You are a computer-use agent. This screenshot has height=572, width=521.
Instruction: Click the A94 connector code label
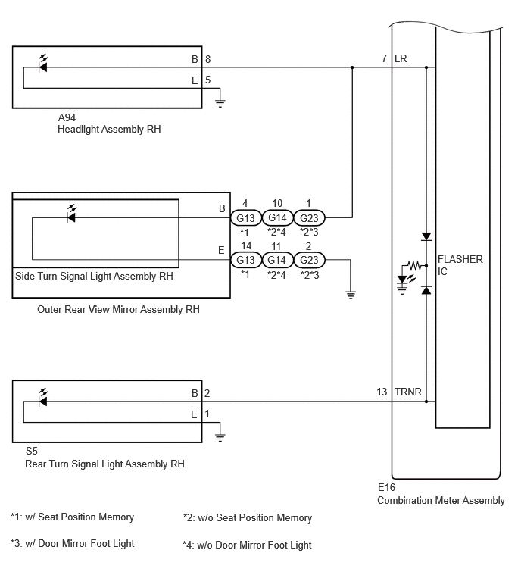[67, 117]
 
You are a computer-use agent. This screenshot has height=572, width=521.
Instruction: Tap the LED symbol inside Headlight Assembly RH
[43, 64]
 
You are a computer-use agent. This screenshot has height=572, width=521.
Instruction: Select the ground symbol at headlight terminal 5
[220, 103]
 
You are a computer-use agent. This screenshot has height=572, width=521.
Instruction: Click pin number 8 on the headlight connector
[207, 59]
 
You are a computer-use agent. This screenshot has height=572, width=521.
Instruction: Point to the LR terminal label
[401, 58]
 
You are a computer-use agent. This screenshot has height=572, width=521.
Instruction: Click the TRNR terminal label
[408, 392]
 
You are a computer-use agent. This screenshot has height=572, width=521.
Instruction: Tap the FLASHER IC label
[460, 265]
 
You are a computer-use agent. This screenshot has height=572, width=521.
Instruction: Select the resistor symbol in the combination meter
[414, 265]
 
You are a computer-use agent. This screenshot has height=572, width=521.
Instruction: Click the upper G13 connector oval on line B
[246, 217]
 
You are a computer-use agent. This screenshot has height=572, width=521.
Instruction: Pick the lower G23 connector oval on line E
[309, 260]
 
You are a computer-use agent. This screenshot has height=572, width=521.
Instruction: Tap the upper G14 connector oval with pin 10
[277, 217]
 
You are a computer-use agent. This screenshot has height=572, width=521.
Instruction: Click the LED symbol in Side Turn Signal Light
[71, 214]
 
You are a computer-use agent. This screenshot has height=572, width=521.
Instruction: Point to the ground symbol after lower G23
[351, 295]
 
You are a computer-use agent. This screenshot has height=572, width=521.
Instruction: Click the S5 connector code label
[32, 452]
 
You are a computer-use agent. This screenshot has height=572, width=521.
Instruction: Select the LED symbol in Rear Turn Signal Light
[43, 399]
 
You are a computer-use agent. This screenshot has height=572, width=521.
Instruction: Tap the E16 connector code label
[386, 487]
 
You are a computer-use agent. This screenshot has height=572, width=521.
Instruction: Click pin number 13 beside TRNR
[382, 392]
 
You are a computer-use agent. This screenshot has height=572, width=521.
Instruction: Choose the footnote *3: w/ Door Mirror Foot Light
[73, 543]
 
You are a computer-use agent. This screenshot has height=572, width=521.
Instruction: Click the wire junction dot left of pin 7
[352, 67]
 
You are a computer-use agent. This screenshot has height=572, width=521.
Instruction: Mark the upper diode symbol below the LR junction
[426, 236]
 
